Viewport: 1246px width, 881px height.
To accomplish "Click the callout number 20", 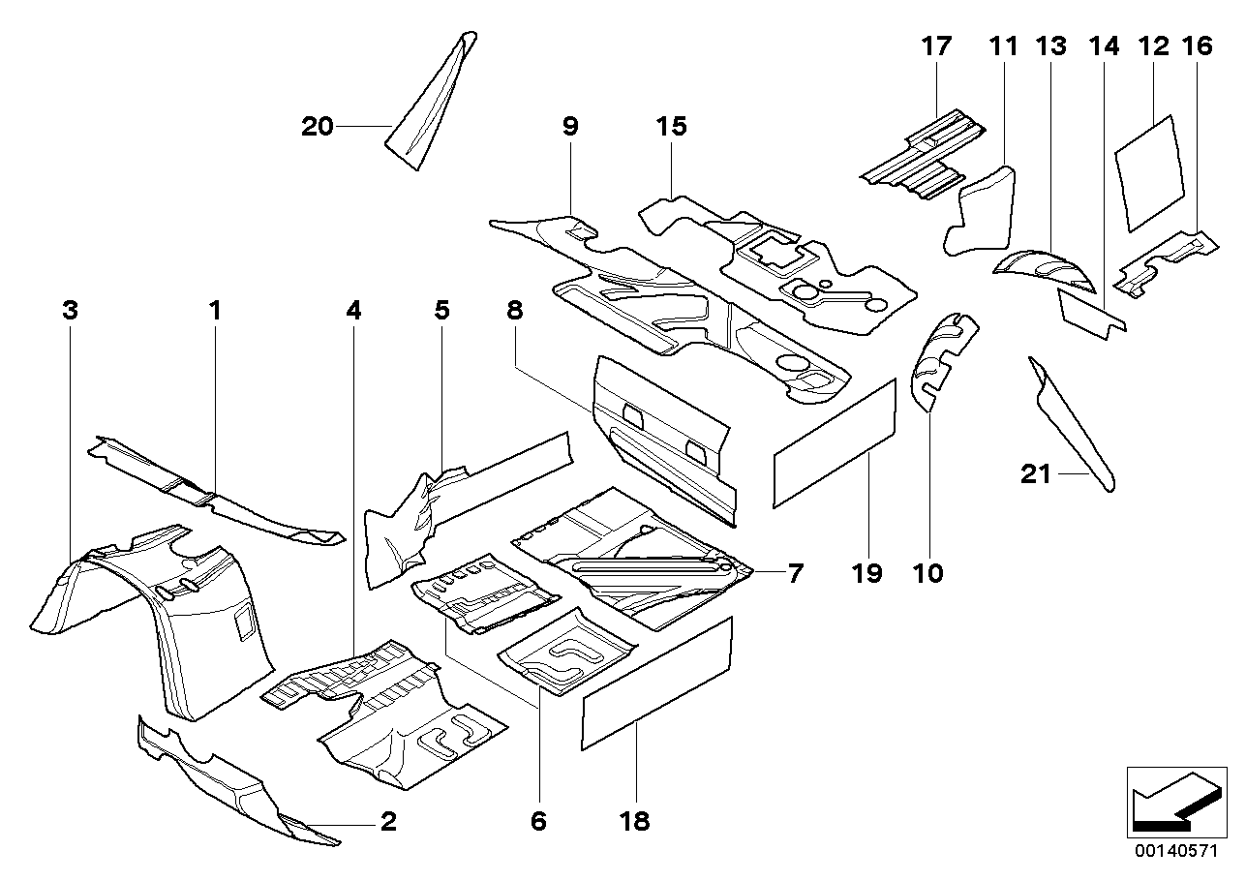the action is (x=317, y=127).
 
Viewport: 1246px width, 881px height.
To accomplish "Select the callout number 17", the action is (x=937, y=46).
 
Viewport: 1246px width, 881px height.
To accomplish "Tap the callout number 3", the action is (x=70, y=311).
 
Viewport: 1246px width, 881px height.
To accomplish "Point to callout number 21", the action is (x=1036, y=474).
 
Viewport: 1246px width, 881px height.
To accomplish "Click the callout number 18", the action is (x=634, y=821).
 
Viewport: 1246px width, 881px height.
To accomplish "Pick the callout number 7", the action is (x=795, y=573).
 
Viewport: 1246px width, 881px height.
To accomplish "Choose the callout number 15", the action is (x=671, y=126).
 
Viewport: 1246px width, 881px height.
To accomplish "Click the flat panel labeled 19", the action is (x=835, y=442).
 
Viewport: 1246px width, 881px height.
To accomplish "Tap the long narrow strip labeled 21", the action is (x=1071, y=423).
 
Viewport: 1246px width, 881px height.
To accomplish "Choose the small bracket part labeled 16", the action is (x=1166, y=262).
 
